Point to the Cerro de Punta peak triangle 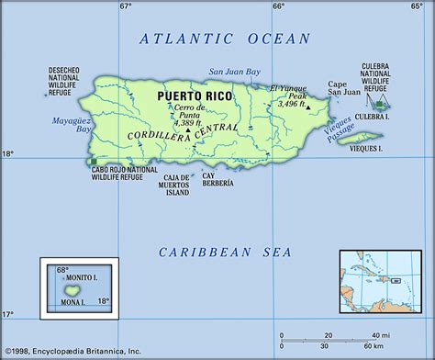coord(187,129)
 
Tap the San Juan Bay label coord(234,71)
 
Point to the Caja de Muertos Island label coord(173,185)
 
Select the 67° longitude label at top coord(126,6)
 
